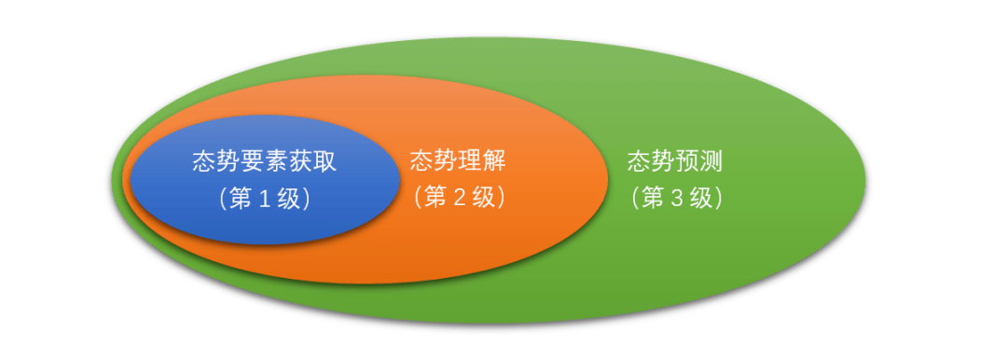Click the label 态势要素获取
[x=264, y=161]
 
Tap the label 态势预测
[x=675, y=161]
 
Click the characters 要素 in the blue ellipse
[x=264, y=161]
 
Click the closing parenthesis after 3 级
[x=720, y=199]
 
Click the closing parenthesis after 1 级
[x=309, y=199]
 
